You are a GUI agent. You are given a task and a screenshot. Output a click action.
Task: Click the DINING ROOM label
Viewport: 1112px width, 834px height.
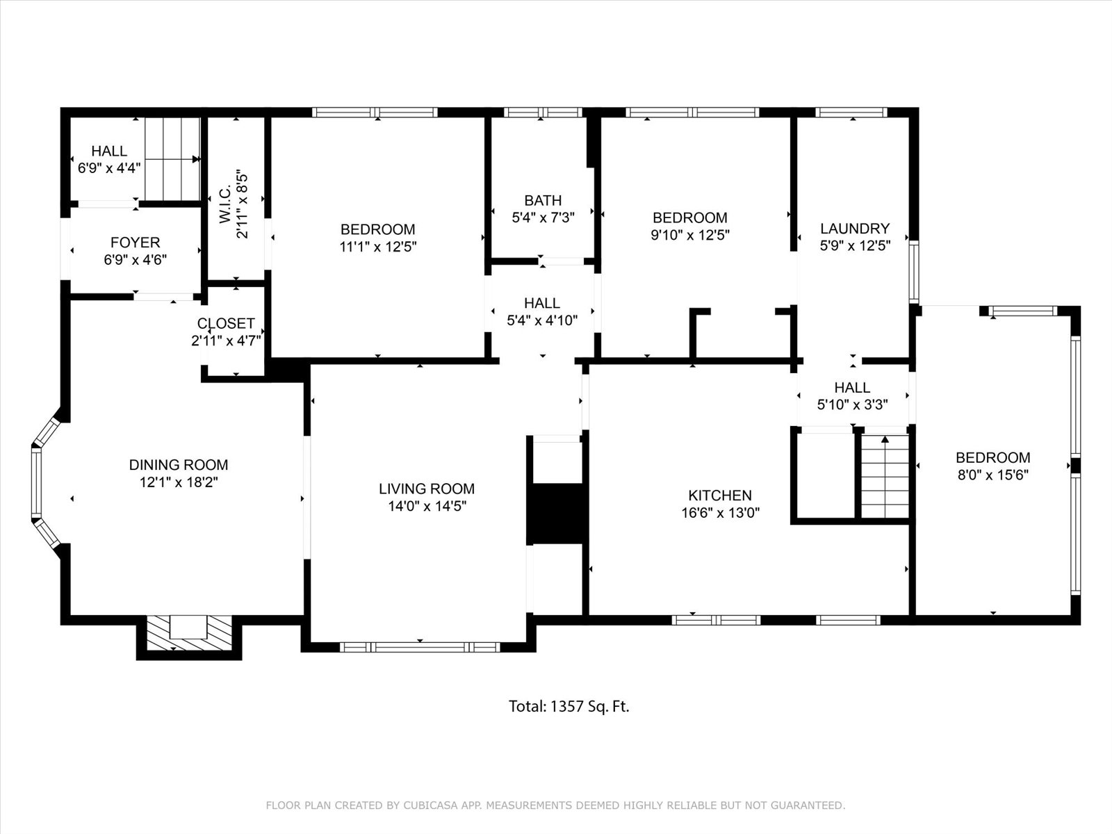coord(179,464)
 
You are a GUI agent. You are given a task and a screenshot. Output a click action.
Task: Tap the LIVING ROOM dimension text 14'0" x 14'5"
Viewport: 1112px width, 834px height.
coord(427,506)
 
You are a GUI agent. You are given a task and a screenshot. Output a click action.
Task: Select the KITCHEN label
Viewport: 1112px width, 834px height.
coord(720,495)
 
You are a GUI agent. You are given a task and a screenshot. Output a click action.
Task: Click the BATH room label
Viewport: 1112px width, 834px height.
coord(543,200)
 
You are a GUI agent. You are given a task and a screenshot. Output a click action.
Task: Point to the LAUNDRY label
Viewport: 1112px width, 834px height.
coord(855,229)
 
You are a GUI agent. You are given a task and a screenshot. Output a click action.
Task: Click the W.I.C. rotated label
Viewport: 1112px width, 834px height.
coord(225,204)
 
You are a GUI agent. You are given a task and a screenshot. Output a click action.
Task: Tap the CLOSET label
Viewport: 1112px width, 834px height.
coord(226,323)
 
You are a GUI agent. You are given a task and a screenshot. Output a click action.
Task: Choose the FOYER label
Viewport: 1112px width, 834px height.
coord(136,242)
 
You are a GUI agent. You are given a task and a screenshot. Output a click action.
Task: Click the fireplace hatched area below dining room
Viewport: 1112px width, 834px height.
coord(189,633)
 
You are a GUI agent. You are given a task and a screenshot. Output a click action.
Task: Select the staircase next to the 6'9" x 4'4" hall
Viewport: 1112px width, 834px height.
coord(172,159)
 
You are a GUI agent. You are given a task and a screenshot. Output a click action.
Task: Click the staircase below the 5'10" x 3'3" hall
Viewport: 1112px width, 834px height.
coord(885,476)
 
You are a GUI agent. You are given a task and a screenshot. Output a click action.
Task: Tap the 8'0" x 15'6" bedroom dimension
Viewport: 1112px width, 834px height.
coord(993,475)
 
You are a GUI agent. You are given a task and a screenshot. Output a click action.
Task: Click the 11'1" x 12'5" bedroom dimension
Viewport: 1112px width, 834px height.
coord(378,247)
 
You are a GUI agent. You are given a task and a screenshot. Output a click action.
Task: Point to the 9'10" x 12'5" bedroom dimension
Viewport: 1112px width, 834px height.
coord(690,235)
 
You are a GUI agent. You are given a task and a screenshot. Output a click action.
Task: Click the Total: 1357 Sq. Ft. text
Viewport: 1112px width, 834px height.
coord(569,706)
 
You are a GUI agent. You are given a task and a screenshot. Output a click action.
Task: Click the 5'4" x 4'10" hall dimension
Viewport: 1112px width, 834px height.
coord(542,320)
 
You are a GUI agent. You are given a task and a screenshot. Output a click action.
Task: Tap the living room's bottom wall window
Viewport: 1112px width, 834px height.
coord(420,647)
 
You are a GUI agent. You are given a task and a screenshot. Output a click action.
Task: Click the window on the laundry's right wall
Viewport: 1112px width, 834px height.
coord(914,272)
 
